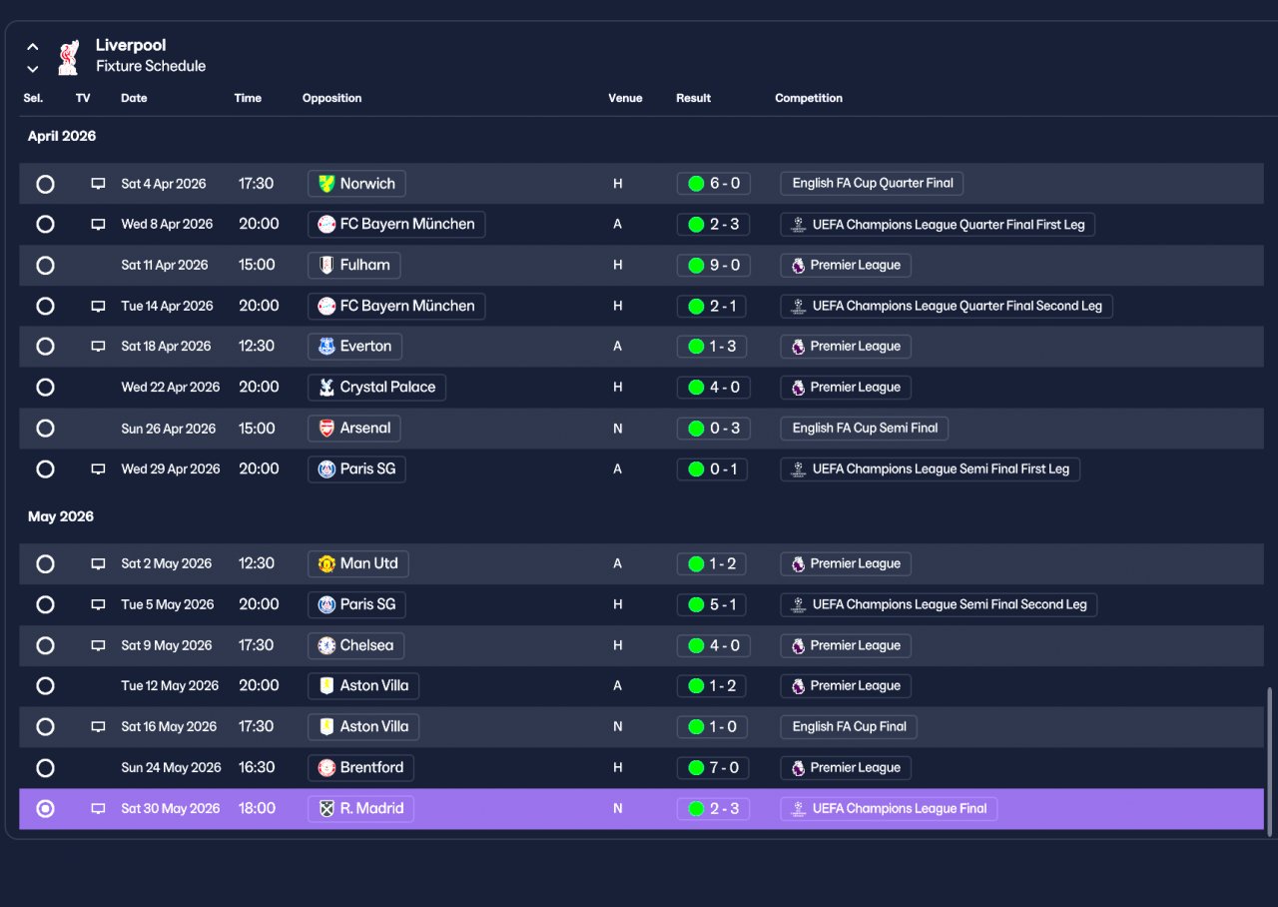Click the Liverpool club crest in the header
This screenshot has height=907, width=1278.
pos(69,57)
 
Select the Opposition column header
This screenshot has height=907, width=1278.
pos(331,98)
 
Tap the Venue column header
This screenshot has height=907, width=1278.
pos(625,98)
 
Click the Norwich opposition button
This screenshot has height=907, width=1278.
pos(356,184)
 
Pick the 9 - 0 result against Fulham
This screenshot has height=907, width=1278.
pos(713,266)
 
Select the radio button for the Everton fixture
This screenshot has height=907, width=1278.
pos(45,347)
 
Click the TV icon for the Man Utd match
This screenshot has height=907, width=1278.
pos(98,564)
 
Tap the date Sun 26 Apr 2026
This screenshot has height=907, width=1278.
pos(169,429)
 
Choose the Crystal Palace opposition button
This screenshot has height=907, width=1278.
pos(376,388)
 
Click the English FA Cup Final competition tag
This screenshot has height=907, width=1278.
pos(849,727)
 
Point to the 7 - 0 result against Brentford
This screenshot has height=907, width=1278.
pos(713,768)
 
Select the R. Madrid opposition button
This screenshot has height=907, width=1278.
pos(360,809)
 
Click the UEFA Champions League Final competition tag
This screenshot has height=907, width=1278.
pos(889,809)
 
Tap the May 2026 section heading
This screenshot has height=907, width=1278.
pos(61,516)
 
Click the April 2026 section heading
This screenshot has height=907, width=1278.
pos(62,137)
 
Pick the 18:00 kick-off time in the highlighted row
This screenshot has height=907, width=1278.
pos(257,809)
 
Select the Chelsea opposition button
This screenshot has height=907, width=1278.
pos(355,645)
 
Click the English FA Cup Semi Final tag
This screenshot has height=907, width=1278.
pos(864,429)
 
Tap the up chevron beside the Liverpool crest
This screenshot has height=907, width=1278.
pos(33,47)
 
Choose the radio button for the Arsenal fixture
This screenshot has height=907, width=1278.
pos(45,429)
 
